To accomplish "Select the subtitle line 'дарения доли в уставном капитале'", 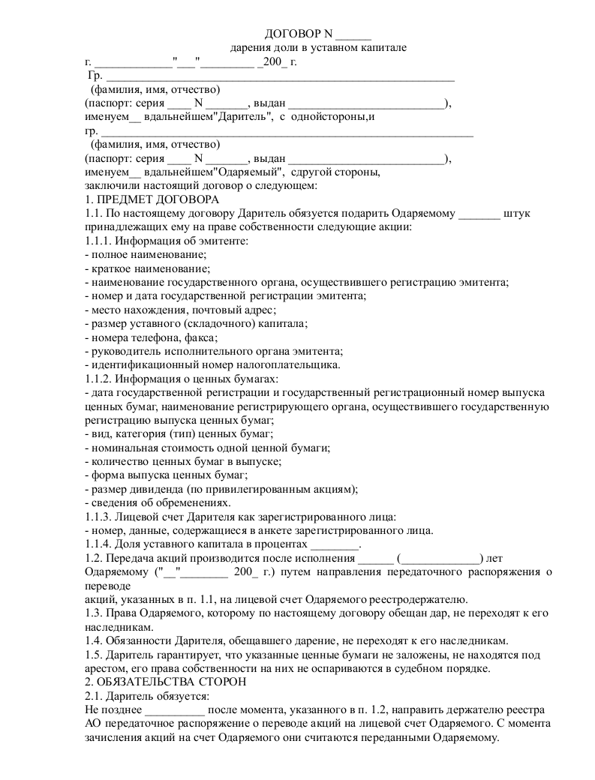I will tap(318, 47).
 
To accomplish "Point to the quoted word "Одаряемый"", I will tap(242, 172).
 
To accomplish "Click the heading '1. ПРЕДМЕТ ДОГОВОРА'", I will tap(152, 199).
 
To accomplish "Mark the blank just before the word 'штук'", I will tap(479, 214).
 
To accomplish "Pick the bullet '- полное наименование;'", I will tap(140, 255).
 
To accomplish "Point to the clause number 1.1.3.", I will tap(98, 517).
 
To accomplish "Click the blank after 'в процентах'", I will tap(335, 545).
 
